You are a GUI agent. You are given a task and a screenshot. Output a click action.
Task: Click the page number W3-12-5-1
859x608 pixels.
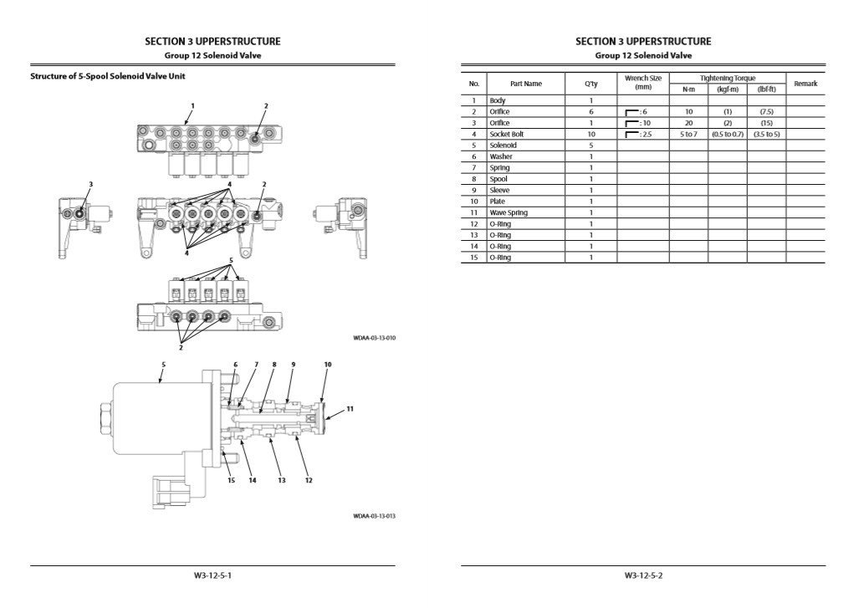[212, 575]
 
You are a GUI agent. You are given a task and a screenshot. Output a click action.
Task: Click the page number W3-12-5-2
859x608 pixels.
[643, 575]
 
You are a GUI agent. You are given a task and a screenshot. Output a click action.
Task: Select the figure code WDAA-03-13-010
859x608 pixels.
[374, 339]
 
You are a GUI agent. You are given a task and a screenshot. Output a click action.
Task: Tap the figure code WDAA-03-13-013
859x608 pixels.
[374, 516]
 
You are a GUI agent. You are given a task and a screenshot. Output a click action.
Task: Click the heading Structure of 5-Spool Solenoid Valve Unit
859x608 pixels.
[108, 77]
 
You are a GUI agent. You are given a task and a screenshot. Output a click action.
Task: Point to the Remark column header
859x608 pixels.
[805, 84]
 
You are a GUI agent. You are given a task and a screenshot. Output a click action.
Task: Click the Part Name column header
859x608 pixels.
[526, 84]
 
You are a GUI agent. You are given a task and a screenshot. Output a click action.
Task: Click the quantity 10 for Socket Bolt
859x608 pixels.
[591, 134]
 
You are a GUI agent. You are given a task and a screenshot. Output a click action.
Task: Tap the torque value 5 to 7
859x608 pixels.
[688, 134]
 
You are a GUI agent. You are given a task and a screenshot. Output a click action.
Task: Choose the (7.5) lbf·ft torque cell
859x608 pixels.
[766, 111]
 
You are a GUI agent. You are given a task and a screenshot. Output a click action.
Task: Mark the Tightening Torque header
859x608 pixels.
[727, 78]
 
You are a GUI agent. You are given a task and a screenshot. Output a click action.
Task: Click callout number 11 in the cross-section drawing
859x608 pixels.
[350, 408]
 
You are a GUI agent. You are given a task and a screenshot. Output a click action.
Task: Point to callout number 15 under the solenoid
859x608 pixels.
[231, 480]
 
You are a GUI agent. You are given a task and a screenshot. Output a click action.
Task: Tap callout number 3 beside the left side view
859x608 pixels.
[91, 184]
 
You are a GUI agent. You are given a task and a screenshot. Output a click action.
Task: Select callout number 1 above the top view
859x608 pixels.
[192, 106]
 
